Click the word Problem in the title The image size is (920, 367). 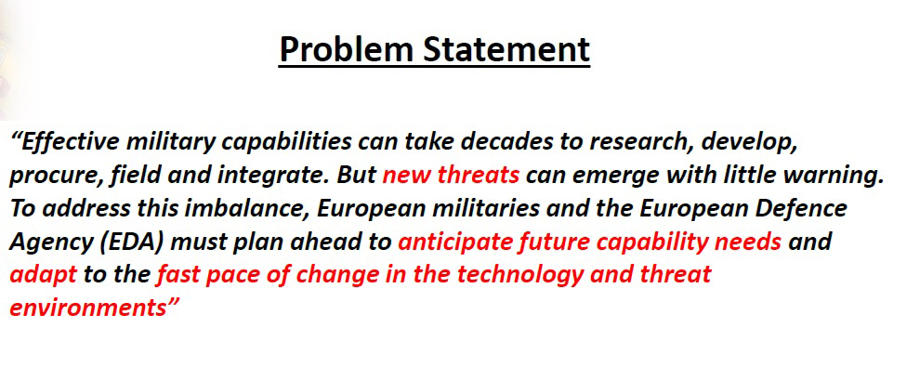(x=347, y=49)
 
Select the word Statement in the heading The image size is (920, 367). (x=506, y=49)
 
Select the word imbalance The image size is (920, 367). (x=247, y=209)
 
